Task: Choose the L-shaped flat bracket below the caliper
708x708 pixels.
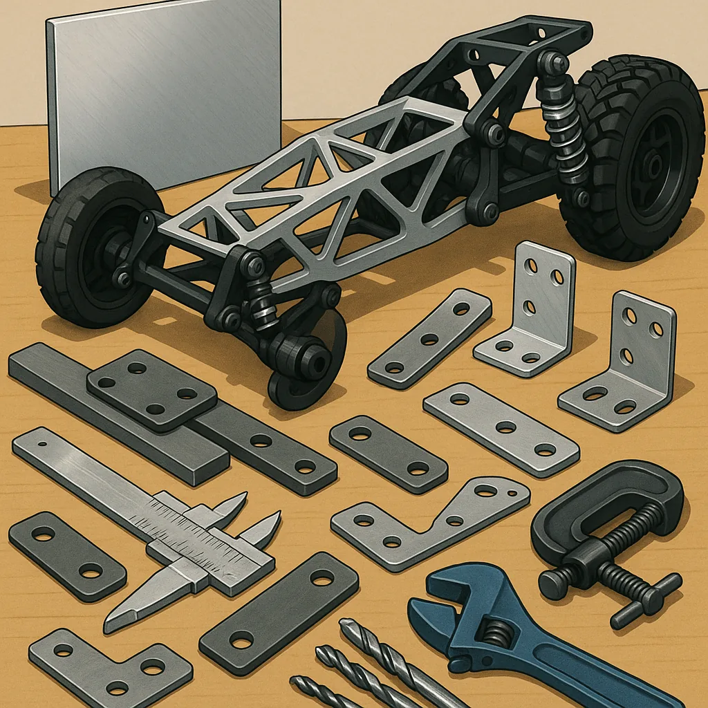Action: pyautogui.click(x=111, y=667)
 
